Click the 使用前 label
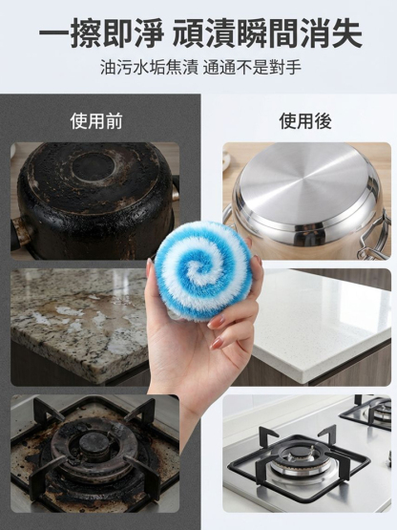tap(96, 121)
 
